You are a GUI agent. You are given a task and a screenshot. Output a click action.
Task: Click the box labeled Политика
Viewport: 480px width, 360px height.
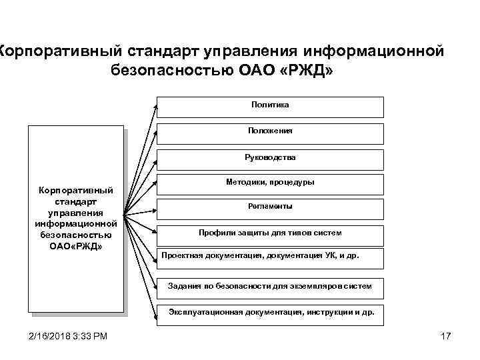click(x=270, y=106)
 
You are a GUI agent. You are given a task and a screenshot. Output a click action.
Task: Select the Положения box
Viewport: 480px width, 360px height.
click(x=270, y=132)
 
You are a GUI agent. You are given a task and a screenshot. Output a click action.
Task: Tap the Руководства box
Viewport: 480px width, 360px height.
click(x=270, y=158)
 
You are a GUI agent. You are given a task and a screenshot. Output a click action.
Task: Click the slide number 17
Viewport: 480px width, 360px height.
click(x=446, y=335)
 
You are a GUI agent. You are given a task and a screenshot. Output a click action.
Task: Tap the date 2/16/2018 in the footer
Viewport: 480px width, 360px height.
click(x=51, y=335)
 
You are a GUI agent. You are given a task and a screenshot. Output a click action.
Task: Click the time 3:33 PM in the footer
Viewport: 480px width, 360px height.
click(x=95, y=335)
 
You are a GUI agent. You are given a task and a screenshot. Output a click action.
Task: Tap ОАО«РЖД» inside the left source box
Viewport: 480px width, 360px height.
click(x=76, y=246)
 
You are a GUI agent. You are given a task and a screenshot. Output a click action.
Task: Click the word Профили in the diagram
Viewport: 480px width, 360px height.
click(x=214, y=233)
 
